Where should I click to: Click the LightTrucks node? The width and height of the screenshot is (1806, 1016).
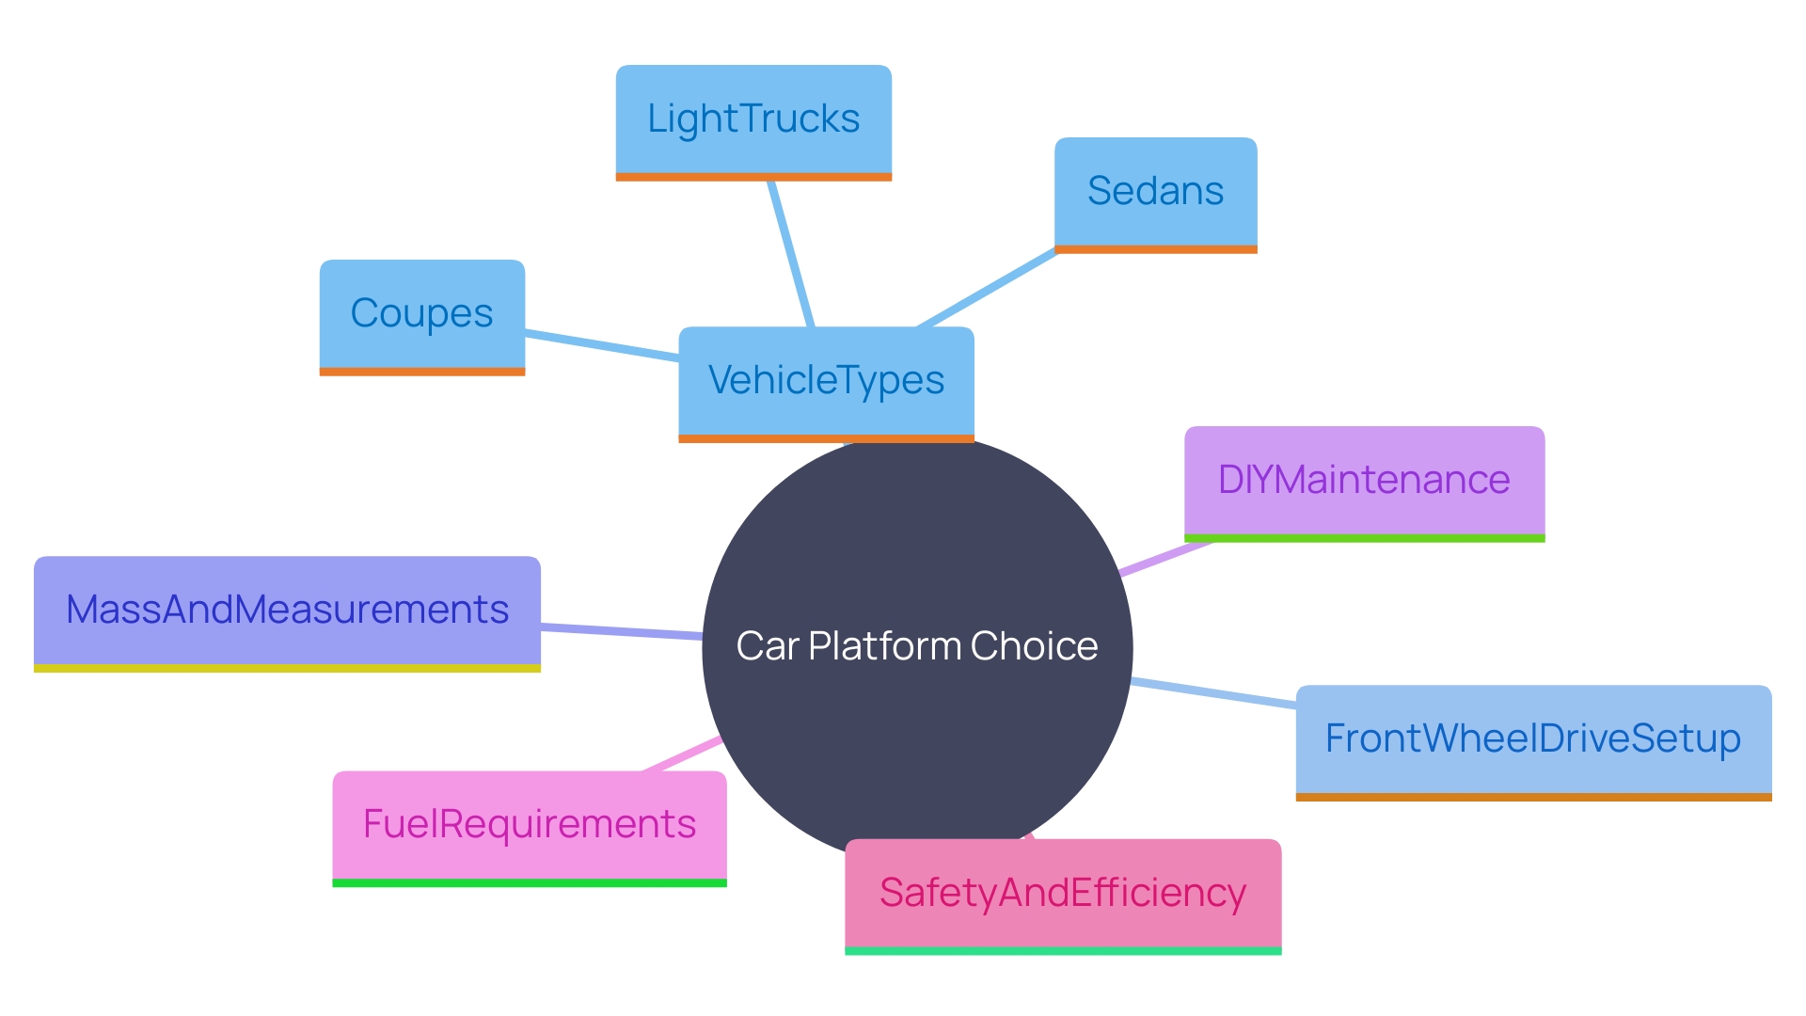(x=753, y=119)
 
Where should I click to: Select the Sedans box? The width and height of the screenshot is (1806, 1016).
(x=1155, y=191)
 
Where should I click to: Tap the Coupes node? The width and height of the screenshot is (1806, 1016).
(x=421, y=313)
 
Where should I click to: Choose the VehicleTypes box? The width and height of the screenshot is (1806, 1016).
(x=826, y=380)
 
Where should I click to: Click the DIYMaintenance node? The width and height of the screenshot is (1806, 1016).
(x=1364, y=480)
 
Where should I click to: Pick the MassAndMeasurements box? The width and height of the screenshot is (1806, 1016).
(x=287, y=610)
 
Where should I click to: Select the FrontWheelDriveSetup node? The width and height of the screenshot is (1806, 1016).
(x=1533, y=738)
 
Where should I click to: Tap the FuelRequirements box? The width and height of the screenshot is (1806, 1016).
(x=530, y=824)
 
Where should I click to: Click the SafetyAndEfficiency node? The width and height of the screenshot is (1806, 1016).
(x=1063, y=893)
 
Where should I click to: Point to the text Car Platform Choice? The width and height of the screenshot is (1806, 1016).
(x=917, y=646)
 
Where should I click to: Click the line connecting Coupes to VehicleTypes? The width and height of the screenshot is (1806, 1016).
(x=602, y=345)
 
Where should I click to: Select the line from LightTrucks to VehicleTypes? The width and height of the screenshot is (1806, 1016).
(x=790, y=254)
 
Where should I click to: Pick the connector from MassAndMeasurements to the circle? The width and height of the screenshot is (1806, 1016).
(x=621, y=632)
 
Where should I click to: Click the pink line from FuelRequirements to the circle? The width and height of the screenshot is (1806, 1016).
(x=682, y=754)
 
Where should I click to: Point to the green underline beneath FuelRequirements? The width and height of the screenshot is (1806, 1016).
(x=530, y=882)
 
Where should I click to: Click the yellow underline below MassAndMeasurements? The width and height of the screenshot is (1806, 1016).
(x=287, y=668)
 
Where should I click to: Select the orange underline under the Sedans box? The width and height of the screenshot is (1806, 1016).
(x=1155, y=249)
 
